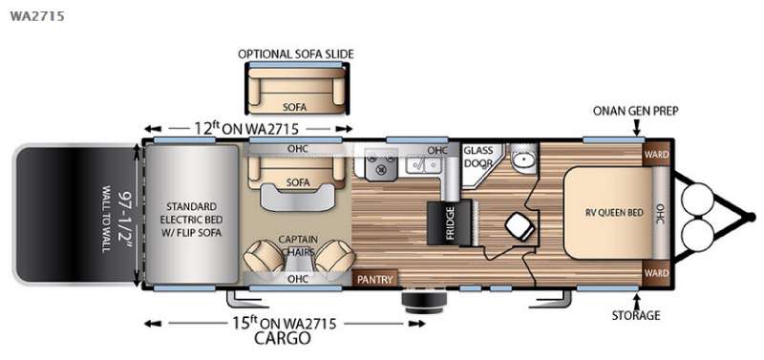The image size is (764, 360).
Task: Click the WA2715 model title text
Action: [x=37, y=16]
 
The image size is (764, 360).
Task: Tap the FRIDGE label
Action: [x=450, y=223]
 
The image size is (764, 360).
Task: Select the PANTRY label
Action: [x=374, y=280]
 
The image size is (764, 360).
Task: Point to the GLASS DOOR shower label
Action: [x=477, y=157]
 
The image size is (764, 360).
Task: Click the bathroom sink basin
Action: [x=522, y=159]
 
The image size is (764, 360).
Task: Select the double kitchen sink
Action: [x=423, y=165]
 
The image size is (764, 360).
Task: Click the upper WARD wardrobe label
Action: [x=656, y=155]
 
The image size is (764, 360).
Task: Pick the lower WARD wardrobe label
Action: [x=656, y=273]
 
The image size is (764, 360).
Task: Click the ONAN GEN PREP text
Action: [x=635, y=111]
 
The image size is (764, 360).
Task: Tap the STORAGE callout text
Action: [x=636, y=315]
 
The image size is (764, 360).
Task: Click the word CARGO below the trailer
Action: [x=283, y=338]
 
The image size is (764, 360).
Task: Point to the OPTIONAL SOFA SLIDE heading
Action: [x=296, y=53]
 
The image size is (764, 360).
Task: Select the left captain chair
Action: [x=264, y=255]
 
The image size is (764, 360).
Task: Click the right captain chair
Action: [x=335, y=255]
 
